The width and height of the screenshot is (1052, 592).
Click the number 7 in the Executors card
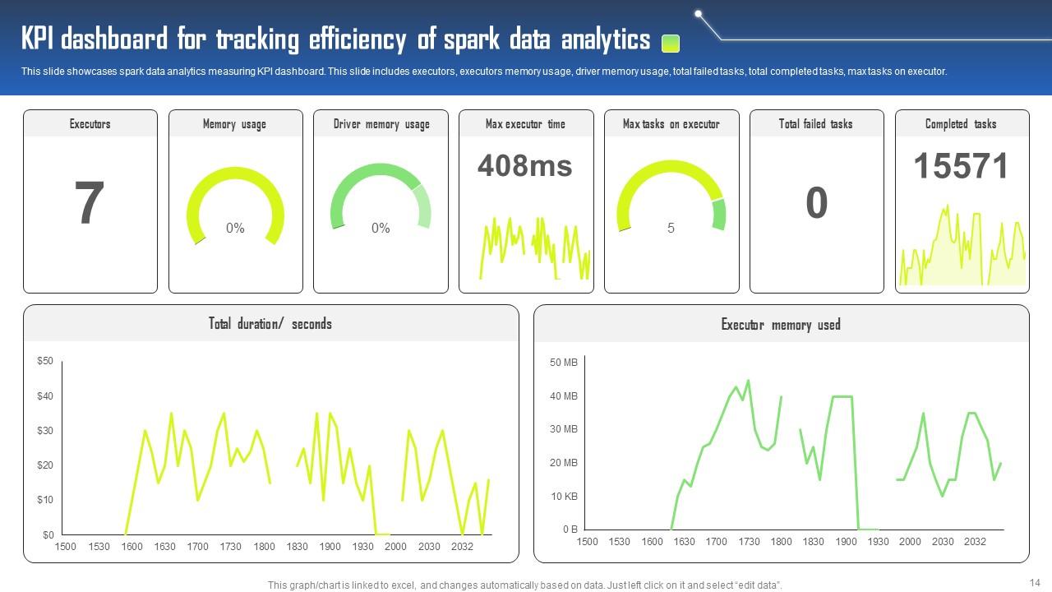(x=90, y=204)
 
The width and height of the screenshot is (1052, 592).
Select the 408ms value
(x=524, y=166)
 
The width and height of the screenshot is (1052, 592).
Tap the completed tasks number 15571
(x=961, y=166)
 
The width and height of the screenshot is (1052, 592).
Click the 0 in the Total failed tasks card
(x=816, y=203)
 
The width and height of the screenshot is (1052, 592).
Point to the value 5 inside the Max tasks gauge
(x=671, y=228)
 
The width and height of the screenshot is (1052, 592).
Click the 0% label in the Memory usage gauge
(x=235, y=228)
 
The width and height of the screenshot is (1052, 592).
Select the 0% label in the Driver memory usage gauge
(x=381, y=228)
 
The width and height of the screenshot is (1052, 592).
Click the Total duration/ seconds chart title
(x=270, y=324)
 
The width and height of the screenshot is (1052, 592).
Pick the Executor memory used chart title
(x=781, y=325)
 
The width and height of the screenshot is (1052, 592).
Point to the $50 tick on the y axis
(x=45, y=361)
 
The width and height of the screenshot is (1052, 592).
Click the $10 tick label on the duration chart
(x=45, y=500)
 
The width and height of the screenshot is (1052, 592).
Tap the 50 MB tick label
(x=564, y=363)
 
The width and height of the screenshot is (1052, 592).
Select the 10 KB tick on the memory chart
(x=564, y=497)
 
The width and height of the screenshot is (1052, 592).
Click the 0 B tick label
(x=570, y=530)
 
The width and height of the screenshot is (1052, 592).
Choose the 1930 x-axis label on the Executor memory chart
(x=878, y=542)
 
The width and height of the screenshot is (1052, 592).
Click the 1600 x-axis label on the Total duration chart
(x=131, y=547)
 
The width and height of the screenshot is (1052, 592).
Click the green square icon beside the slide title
(x=671, y=43)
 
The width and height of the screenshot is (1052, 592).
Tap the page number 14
(x=1035, y=582)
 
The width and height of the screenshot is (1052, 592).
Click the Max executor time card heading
(x=525, y=124)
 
